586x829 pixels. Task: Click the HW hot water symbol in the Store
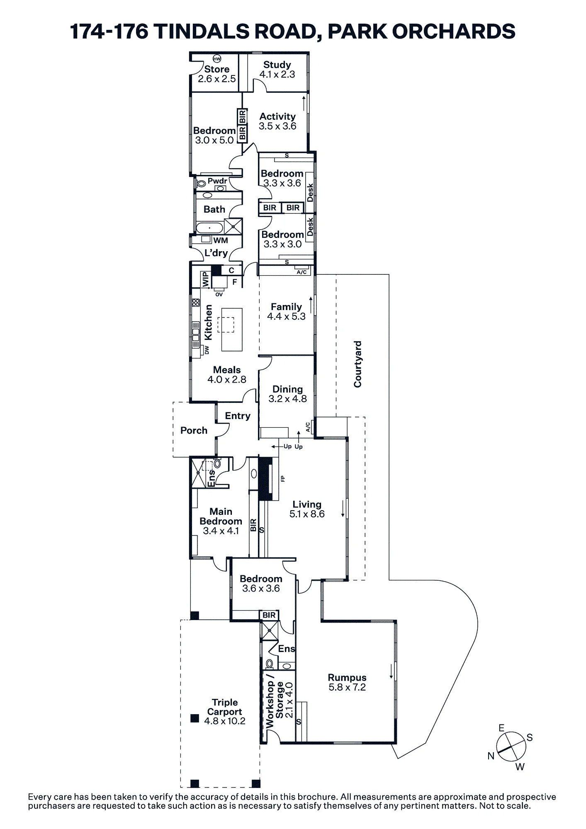pyautogui.click(x=217, y=58)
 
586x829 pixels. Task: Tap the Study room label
pyautogui.click(x=277, y=65)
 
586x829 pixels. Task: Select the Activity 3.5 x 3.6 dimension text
pyautogui.click(x=277, y=126)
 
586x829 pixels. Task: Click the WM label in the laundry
pyautogui.click(x=221, y=240)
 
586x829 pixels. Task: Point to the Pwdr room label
pyautogui.click(x=217, y=181)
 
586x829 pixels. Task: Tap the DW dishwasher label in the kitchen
pyautogui.click(x=207, y=350)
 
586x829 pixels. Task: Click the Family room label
pyautogui.click(x=286, y=307)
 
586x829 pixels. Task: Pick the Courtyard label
pyautogui.click(x=357, y=364)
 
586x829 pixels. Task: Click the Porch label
pyautogui.click(x=194, y=430)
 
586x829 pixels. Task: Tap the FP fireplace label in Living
pyautogui.click(x=283, y=479)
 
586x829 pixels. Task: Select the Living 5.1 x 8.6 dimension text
pyautogui.click(x=307, y=514)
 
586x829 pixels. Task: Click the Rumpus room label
pyautogui.click(x=347, y=677)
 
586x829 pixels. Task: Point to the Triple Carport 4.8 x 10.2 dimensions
pyautogui.click(x=225, y=721)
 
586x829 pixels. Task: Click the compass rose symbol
pyautogui.click(x=511, y=747)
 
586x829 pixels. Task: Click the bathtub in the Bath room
pyautogui.click(x=210, y=228)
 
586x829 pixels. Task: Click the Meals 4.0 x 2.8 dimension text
pyautogui.click(x=227, y=379)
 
